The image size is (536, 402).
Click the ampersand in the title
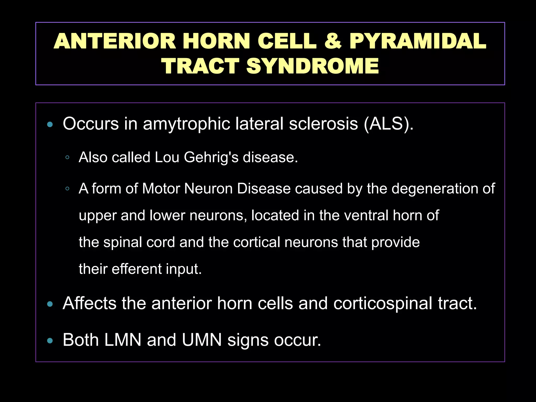point(333,41)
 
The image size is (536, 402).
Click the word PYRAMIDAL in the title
point(418,41)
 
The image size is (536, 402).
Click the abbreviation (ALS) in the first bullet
point(388,124)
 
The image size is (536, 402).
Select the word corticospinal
point(383,304)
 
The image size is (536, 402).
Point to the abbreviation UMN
point(202,340)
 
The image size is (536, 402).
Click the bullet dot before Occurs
point(50,124)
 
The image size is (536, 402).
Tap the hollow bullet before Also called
point(67,158)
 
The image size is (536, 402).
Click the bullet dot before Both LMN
point(50,341)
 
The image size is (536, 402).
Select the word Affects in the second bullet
point(89,303)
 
